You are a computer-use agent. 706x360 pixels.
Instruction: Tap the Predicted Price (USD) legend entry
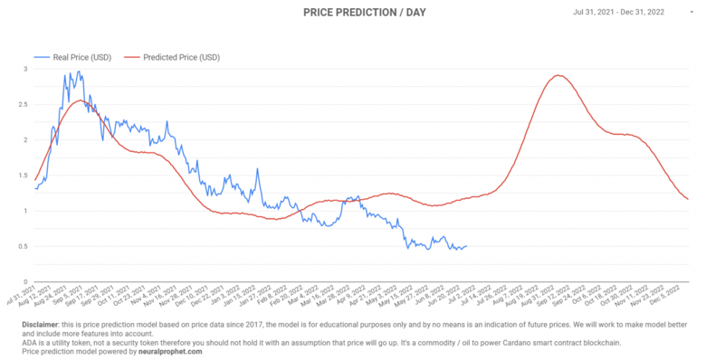[178, 57]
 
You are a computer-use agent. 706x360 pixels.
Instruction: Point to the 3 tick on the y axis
[26, 69]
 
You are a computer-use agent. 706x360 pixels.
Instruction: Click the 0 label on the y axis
[26, 282]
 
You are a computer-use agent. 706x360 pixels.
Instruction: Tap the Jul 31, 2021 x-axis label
[20, 299]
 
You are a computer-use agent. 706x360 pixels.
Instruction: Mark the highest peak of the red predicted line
[558, 75]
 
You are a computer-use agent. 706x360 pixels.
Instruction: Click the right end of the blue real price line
[466, 246]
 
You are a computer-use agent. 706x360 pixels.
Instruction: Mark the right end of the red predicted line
[688, 199]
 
